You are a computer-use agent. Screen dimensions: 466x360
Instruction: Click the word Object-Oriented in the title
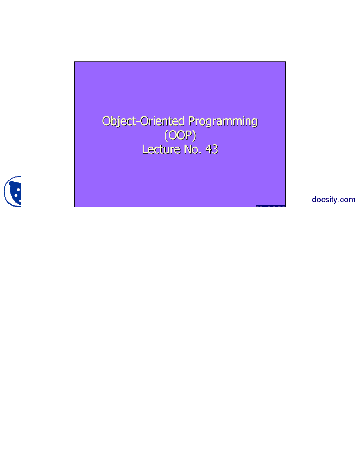(x=143, y=121)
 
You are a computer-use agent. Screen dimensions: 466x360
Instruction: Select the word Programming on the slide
(x=223, y=121)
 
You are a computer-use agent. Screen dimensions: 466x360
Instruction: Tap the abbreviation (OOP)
(x=180, y=135)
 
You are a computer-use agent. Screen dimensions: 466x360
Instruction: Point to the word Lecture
(x=161, y=149)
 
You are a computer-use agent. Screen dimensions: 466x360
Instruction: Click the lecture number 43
(x=211, y=149)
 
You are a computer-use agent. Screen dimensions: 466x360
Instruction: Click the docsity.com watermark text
(x=334, y=200)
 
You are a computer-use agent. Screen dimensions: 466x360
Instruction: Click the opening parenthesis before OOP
(x=166, y=136)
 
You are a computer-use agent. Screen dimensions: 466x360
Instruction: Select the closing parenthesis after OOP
(x=194, y=136)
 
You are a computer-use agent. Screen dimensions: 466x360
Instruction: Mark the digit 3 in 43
(x=215, y=149)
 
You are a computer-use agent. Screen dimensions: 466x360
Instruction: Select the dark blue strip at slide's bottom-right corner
(x=271, y=206)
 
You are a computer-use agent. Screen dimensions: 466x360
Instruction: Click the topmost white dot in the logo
(x=19, y=189)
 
